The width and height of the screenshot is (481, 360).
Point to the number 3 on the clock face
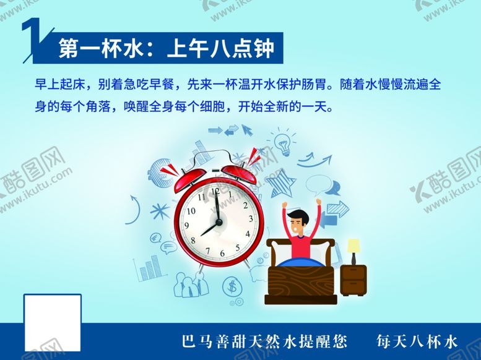click(x=251, y=218)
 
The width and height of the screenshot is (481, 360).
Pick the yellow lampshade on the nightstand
click(x=353, y=246)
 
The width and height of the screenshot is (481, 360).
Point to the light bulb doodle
click(x=283, y=142)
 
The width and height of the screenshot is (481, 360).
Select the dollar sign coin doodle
click(x=233, y=286)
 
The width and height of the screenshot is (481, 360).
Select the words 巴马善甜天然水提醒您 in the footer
click(x=264, y=341)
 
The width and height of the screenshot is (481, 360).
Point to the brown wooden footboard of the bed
click(x=301, y=283)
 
